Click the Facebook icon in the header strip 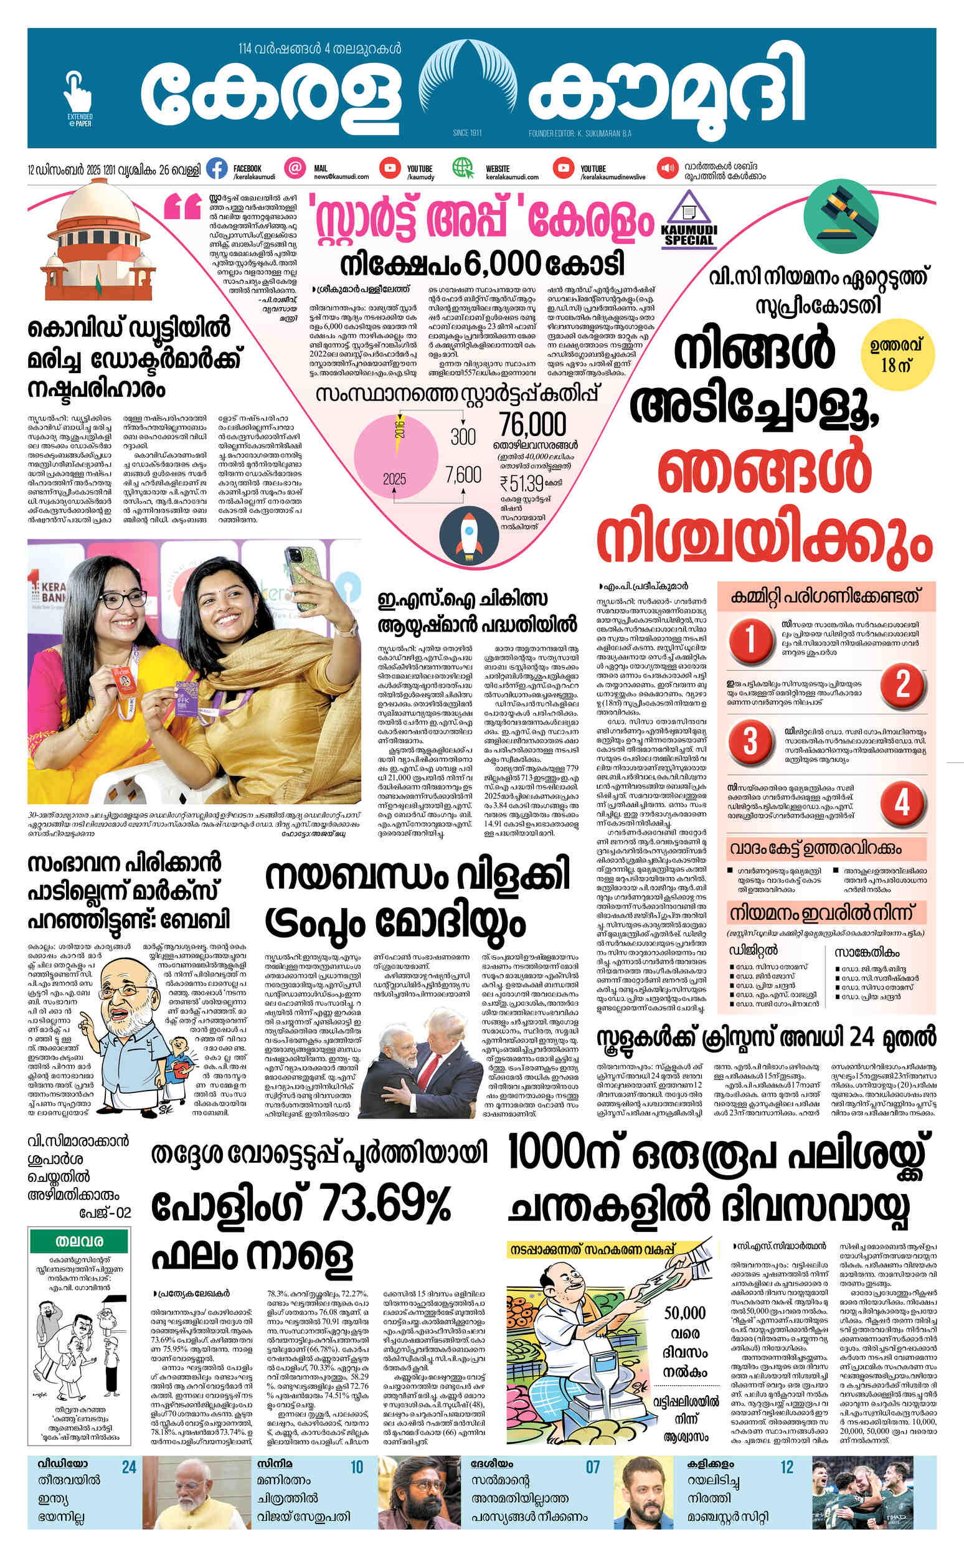[x=217, y=168]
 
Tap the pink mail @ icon [x=295, y=168]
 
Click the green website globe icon [x=462, y=168]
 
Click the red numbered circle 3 [x=751, y=740]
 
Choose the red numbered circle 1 [x=751, y=638]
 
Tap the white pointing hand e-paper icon [x=78, y=93]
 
